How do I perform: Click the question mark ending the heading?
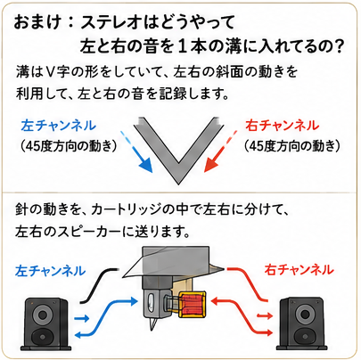pos(338,46)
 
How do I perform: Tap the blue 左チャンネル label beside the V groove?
pos(59,126)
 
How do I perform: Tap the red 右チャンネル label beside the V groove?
pos(283,126)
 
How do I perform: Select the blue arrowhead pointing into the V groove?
pos(146,165)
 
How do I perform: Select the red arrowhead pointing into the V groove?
pos(210,165)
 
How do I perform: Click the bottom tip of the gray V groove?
pos(178,184)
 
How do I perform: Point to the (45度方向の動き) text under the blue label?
pos(69,146)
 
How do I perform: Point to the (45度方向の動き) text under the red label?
pos(292,146)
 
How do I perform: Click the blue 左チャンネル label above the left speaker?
pos(51,271)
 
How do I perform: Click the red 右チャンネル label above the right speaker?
pos(299,270)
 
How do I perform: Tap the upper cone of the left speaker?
pos(42,315)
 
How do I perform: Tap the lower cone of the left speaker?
pos(42,337)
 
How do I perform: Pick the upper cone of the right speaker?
pos(305,314)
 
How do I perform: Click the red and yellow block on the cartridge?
pos(193,305)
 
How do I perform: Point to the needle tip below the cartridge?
pos(152,330)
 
